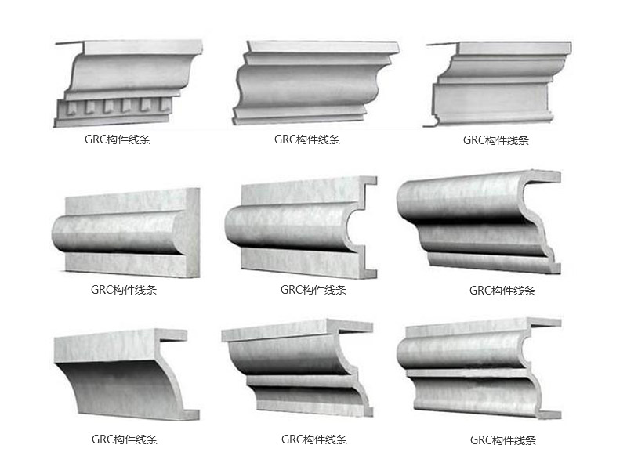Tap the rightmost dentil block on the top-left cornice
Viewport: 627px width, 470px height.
[165, 104]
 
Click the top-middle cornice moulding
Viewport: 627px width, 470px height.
[310, 82]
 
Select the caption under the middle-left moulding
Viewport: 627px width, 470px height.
[123, 288]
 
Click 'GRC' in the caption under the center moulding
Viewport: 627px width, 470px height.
[292, 290]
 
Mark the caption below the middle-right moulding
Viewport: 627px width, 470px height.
[502, 291]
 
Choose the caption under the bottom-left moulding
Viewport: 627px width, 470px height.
[125, 439]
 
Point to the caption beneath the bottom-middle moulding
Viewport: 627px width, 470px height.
[314, 439]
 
